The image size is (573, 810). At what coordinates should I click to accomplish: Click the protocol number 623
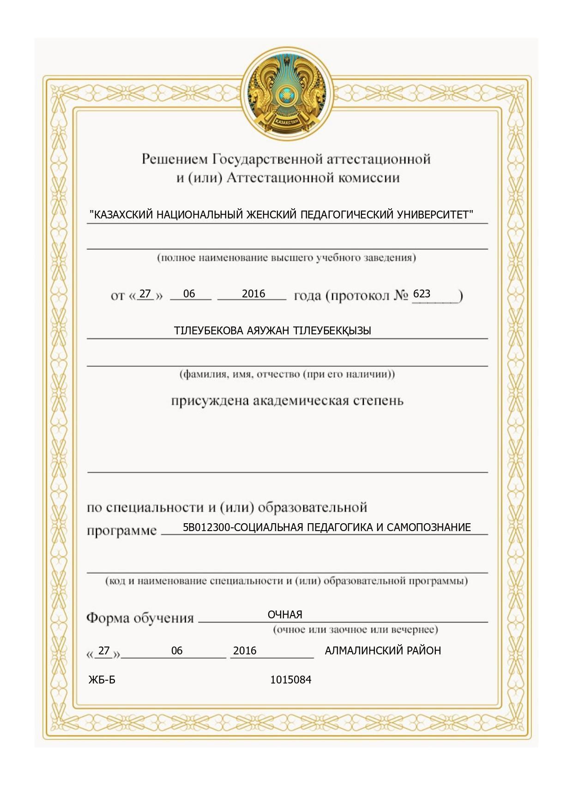pos(422,294)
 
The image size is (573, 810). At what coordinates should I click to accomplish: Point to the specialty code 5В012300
pos(205,527)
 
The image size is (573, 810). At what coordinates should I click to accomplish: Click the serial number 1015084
pos(290,680)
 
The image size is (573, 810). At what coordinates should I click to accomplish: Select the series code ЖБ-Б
pos(102,680)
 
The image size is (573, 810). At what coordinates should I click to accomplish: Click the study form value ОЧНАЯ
pos(285,615)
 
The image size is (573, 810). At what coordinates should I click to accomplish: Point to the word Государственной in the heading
pos(267,159)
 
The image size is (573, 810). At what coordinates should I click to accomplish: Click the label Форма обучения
pos(140,618)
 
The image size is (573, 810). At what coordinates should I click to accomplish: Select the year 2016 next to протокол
pos(253,294)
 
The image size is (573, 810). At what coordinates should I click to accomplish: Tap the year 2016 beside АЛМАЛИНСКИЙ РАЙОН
pos(245,651)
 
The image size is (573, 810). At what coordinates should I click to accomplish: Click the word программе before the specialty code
pos(122,531)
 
